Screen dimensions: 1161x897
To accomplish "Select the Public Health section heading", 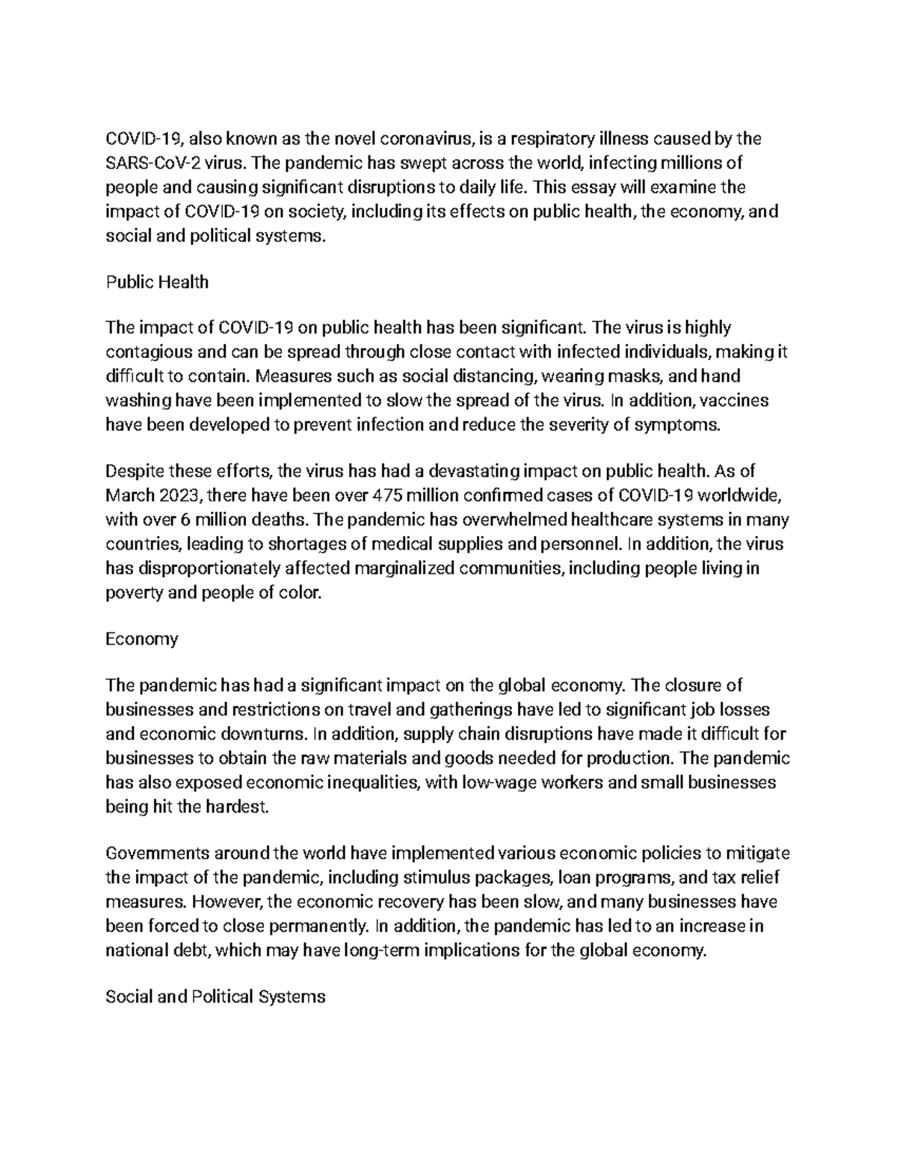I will pyautogui.click(x=157, y=283).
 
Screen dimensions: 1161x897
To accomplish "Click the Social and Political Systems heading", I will pyautogui.click(x=215, y=997).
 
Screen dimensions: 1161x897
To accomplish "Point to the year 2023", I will pyautogui.click(x=179, y=495).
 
